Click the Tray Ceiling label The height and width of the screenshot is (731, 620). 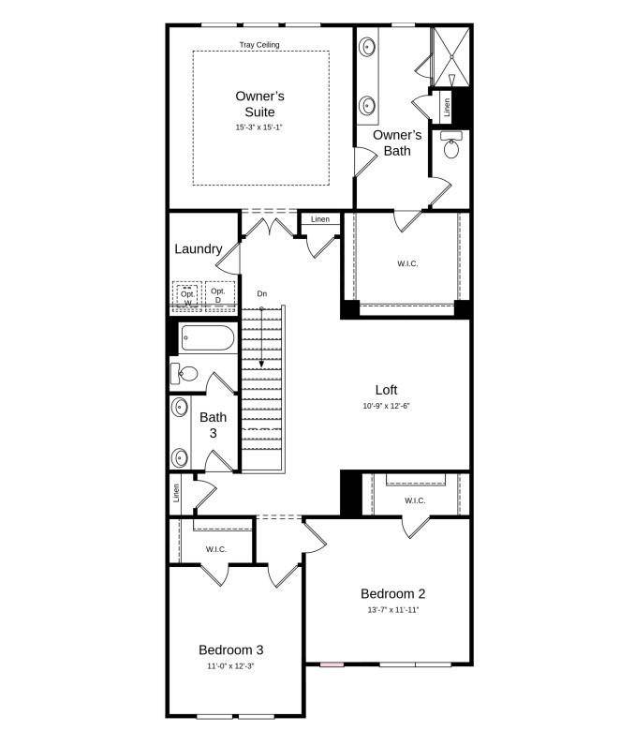[x=260, y=44]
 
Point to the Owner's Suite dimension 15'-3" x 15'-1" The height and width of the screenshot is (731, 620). [x=259, y=127]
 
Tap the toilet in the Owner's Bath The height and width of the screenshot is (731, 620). [x=451, y=149]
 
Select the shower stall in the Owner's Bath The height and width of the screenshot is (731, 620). [x=450, y=56]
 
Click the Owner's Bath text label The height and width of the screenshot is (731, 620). [x=397, y=142]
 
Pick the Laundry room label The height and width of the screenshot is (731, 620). [x=199, y=248]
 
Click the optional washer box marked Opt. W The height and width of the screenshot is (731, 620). [x=187, y=295]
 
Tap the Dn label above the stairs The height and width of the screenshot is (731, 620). [x=262, y=294]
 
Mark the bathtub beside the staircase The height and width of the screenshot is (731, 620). [x=207, y=337]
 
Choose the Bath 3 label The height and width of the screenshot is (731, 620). [x=213, y=425]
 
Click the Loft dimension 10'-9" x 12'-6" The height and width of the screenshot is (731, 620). [x=386, y=407]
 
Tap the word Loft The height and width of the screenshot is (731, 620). [x=386, y=390]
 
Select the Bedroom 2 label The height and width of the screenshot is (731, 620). [x=392, y=593]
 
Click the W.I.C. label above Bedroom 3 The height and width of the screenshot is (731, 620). [x=216, y=549]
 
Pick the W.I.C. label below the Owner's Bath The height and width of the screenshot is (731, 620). [x=407, y=263]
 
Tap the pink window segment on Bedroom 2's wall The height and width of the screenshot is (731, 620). [x=332, y=664]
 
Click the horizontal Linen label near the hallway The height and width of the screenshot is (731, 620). [x=320, y=219]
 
